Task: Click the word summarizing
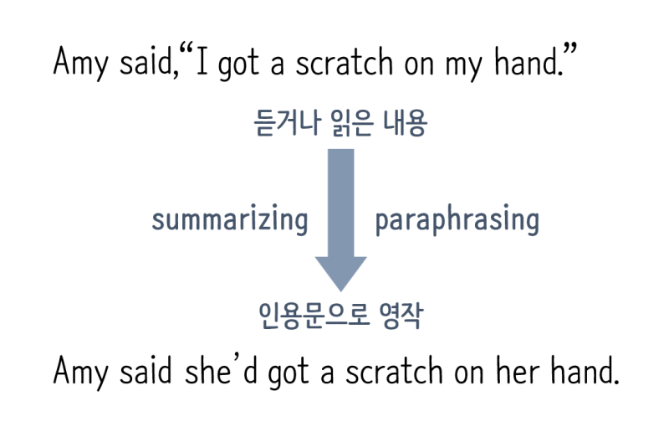tap(230, 219)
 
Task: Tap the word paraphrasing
tap(457, 219)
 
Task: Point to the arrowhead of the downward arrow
tap(341, 274)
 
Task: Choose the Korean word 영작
tap(401, 316)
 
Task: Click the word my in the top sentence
tap(464, 65)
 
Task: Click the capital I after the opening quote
tap(202, 61)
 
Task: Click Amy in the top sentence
tap(80, 64)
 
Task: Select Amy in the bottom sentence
tap(80, 373)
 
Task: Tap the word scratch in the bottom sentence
tap(394, 371)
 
